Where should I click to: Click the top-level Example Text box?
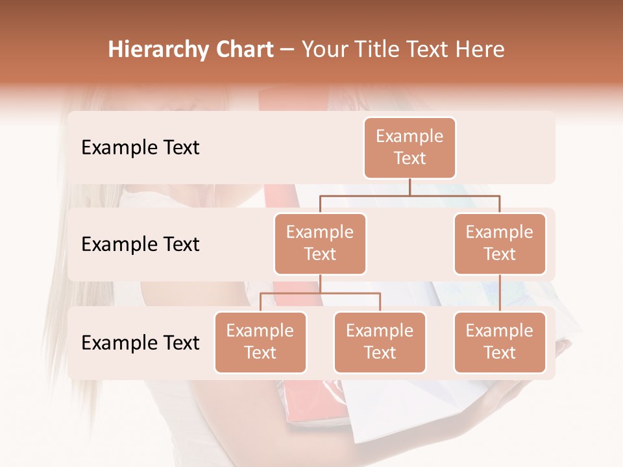(x=409, y=147)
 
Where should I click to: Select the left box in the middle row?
(x=320, y=243)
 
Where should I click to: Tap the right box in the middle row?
(x=500, y=243)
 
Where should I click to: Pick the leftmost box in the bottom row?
(x=260, y=342)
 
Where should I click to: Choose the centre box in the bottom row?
(x=380, y=342)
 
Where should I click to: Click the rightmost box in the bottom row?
(x=500, y=342)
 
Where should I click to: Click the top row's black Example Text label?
(x=140, y=148)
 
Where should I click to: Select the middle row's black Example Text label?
(x=140, y=245)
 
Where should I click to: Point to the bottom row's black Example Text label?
(x=140, y=342)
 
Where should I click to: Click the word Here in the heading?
(x=480, y=50)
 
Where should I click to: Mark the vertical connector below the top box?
(x=409, y=187)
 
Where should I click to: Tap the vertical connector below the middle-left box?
(x=320, y=283)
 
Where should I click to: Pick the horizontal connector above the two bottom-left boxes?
(x=320, y=293)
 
